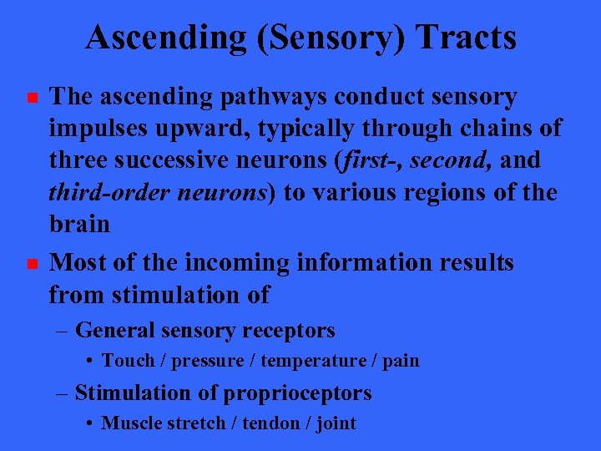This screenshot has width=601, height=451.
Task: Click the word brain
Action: coord(79,225)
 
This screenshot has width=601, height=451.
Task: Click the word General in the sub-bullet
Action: coord(114,331)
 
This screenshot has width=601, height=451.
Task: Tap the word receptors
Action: coord(290,332)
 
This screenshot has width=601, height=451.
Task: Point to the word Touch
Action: coord(128,361)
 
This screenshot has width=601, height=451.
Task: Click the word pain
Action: coord(401,361)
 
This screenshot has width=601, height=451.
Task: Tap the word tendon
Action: coord(280,423)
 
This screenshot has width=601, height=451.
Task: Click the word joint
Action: coord(337,423)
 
